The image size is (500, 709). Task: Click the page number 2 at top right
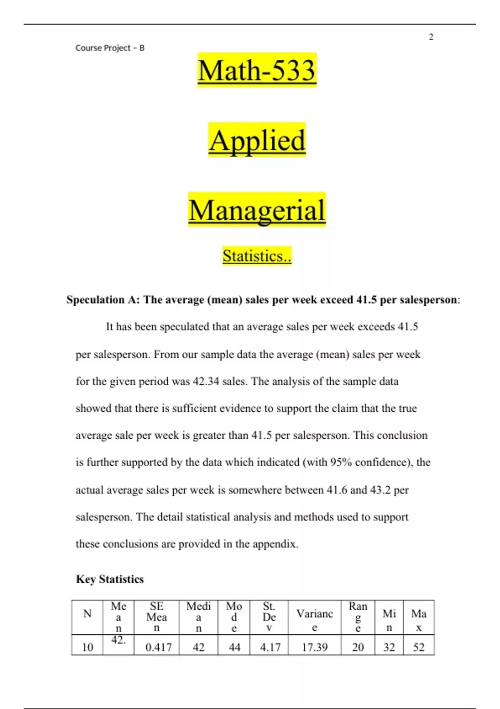[431, 37]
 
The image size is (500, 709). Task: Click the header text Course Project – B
[110, 48]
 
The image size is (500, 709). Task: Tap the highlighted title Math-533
[257, 70]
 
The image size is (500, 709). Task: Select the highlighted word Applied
[257, 140]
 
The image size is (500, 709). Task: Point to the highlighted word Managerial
[257, 210]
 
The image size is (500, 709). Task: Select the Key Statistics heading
[110, 579]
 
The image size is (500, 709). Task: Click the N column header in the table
[87, 613]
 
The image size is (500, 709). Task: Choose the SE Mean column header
[157, 617]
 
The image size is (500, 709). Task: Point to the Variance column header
[315, 619]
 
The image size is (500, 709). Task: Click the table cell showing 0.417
[158, 647]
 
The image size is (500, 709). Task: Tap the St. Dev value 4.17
[270, 647]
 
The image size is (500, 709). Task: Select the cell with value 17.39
[315, 647]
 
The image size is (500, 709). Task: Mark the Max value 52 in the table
[419, 647]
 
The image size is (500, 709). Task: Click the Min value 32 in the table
[389, 647]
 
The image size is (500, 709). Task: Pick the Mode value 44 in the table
[235, 647]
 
